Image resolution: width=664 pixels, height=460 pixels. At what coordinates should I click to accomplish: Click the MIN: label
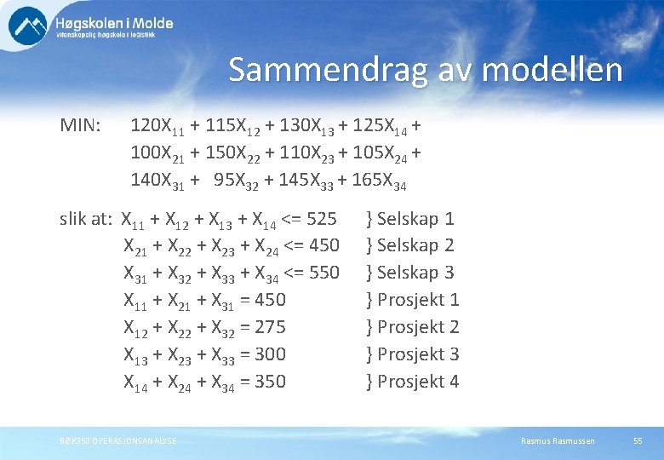tap(81, 126)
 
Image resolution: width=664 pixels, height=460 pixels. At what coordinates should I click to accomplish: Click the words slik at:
tap(86, 219)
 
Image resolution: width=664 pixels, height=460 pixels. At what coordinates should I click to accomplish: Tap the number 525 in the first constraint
tap(322, 219)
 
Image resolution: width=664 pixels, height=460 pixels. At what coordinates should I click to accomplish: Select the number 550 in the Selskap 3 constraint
tap(323, 273)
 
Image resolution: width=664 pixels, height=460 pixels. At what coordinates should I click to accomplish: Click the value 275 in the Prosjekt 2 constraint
tap(270, 327)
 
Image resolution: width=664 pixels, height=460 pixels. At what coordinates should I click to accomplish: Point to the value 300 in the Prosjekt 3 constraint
tap(270, 354)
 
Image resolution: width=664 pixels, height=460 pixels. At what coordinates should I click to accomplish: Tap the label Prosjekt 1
tap(418, 300)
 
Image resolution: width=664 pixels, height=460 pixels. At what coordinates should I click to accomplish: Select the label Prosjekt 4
tap(418, 382)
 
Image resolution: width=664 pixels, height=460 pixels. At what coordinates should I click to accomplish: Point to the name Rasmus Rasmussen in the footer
tap(558, 440)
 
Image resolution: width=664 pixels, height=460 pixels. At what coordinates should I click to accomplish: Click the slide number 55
tap(638, 440)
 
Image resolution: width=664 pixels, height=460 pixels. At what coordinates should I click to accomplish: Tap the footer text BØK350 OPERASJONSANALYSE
tap(118, 440)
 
